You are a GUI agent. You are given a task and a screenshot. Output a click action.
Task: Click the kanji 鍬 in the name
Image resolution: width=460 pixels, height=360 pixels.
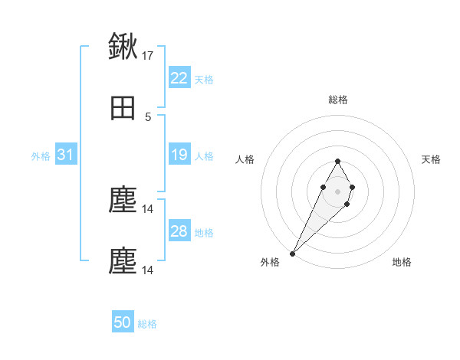click(123, 47)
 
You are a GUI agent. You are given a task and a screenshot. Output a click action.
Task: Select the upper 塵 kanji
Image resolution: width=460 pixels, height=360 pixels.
click(123, 201)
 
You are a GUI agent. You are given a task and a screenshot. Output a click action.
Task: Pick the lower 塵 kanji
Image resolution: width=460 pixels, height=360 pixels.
click(123, 261)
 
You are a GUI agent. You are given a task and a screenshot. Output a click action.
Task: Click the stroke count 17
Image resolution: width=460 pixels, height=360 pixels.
click(148, 56)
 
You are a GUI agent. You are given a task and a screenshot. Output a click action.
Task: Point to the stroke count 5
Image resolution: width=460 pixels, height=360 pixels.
click(148, 117)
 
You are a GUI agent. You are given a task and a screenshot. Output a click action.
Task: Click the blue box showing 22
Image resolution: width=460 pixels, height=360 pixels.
click(179, 78)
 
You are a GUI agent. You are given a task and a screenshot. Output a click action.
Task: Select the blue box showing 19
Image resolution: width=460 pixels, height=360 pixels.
click(179, 155)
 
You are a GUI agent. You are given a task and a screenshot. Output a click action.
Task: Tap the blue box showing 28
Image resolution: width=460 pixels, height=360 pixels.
click(179, 231)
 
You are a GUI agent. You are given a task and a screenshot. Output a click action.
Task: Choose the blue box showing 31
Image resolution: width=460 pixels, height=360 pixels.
click(66, 155)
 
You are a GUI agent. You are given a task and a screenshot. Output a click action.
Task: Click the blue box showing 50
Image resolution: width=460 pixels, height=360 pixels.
click(123, 322)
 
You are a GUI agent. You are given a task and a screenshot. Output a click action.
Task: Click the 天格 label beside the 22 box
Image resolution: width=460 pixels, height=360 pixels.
click(204, 79)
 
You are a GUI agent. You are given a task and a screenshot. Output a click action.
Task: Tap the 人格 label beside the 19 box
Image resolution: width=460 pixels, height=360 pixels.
click(204, 156)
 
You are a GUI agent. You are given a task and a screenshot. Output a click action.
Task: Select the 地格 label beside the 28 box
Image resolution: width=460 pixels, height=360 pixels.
click(204, 232)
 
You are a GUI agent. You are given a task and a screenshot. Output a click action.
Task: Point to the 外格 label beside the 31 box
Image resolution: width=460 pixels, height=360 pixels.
click(41, 155)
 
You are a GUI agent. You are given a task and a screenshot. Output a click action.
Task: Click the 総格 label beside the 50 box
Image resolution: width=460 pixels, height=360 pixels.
click(147, 323)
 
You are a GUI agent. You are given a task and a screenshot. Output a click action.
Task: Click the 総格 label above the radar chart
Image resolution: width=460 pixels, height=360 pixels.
click(337, 100)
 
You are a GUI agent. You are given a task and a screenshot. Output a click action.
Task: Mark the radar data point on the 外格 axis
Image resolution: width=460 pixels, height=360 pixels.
click(292, 253)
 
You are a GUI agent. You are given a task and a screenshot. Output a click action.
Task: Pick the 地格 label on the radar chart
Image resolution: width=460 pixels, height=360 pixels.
click(402, 263)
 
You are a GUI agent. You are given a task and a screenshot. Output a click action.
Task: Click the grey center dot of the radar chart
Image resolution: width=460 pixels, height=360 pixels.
click(337, 190)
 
